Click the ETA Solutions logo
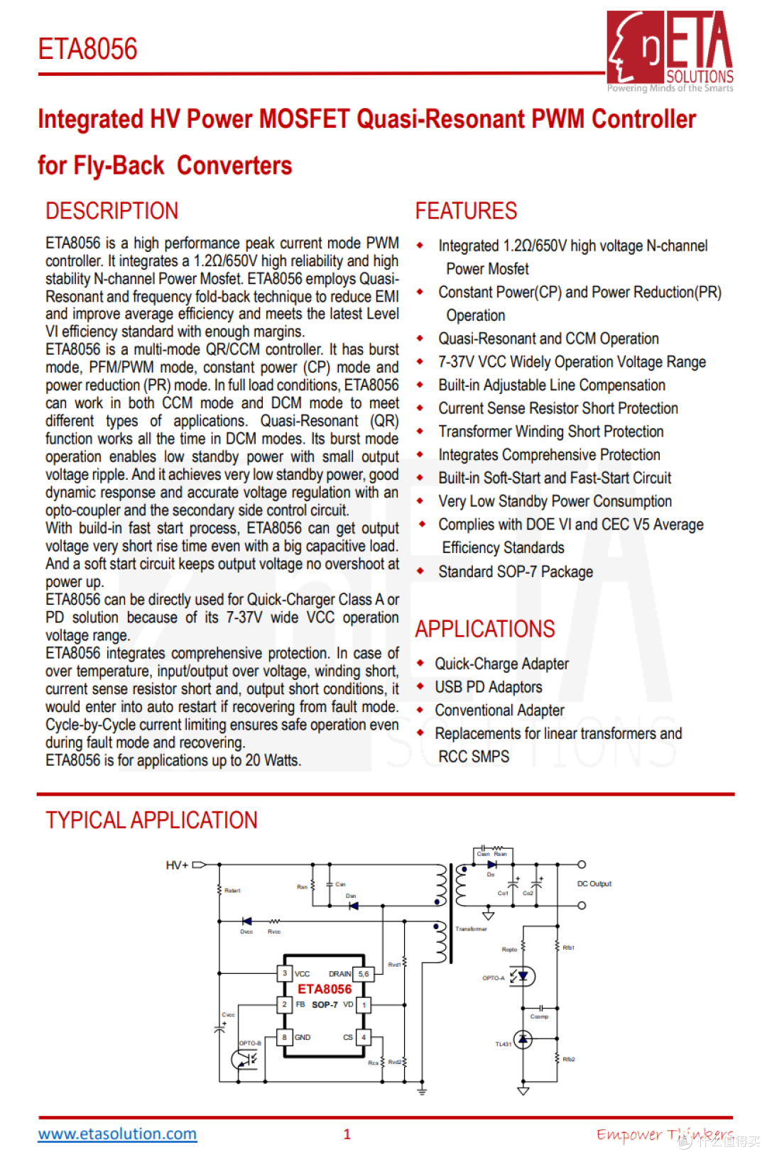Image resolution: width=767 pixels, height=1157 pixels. [x=670, y=50]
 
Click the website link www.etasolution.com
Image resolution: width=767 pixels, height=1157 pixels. [x=117, y=1134]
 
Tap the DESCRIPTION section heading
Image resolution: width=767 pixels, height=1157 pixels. [x=111, y=211]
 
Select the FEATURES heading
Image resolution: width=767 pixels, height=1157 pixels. [x=466, y=211]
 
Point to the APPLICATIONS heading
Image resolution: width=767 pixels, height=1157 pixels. [x=485, y=629]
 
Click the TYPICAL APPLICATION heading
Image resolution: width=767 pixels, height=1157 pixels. [x=151, y=821]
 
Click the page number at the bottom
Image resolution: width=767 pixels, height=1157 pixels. [x=347, y=1134]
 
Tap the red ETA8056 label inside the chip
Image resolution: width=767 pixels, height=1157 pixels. [x=325, y=989]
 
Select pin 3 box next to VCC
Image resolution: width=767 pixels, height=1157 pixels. [x=285, y=973]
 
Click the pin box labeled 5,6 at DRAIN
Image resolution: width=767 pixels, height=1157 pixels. [x=364, y=973]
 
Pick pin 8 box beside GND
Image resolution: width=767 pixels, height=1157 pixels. [x=285, y=1037]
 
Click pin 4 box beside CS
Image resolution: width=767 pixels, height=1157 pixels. [x=364, y=1037]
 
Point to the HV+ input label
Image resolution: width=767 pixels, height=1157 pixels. [x=177, y=865]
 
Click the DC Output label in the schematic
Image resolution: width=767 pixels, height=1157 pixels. [x=594, y=884]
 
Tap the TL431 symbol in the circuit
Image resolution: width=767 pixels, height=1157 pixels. [x=523, y=1040]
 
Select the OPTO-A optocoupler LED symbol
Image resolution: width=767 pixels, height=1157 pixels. [x=523, y=977]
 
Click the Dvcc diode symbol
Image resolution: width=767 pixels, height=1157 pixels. [x=246, y=921]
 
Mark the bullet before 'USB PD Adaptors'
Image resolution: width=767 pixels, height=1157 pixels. [x=420, y=686]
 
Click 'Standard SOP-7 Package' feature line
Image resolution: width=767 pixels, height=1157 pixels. [x=515, y=572]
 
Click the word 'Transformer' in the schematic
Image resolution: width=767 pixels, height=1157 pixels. [x=472, y=928]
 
